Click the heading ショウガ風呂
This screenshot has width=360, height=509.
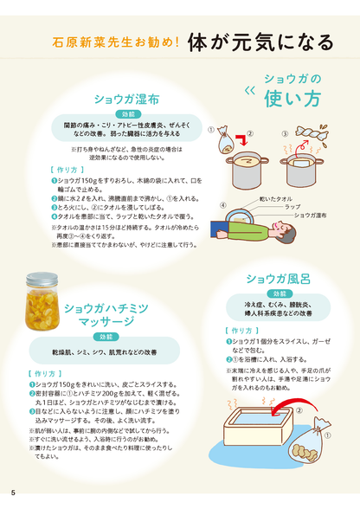[x=276, y=278]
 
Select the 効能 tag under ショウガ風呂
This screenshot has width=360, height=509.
[x=277, y=294]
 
